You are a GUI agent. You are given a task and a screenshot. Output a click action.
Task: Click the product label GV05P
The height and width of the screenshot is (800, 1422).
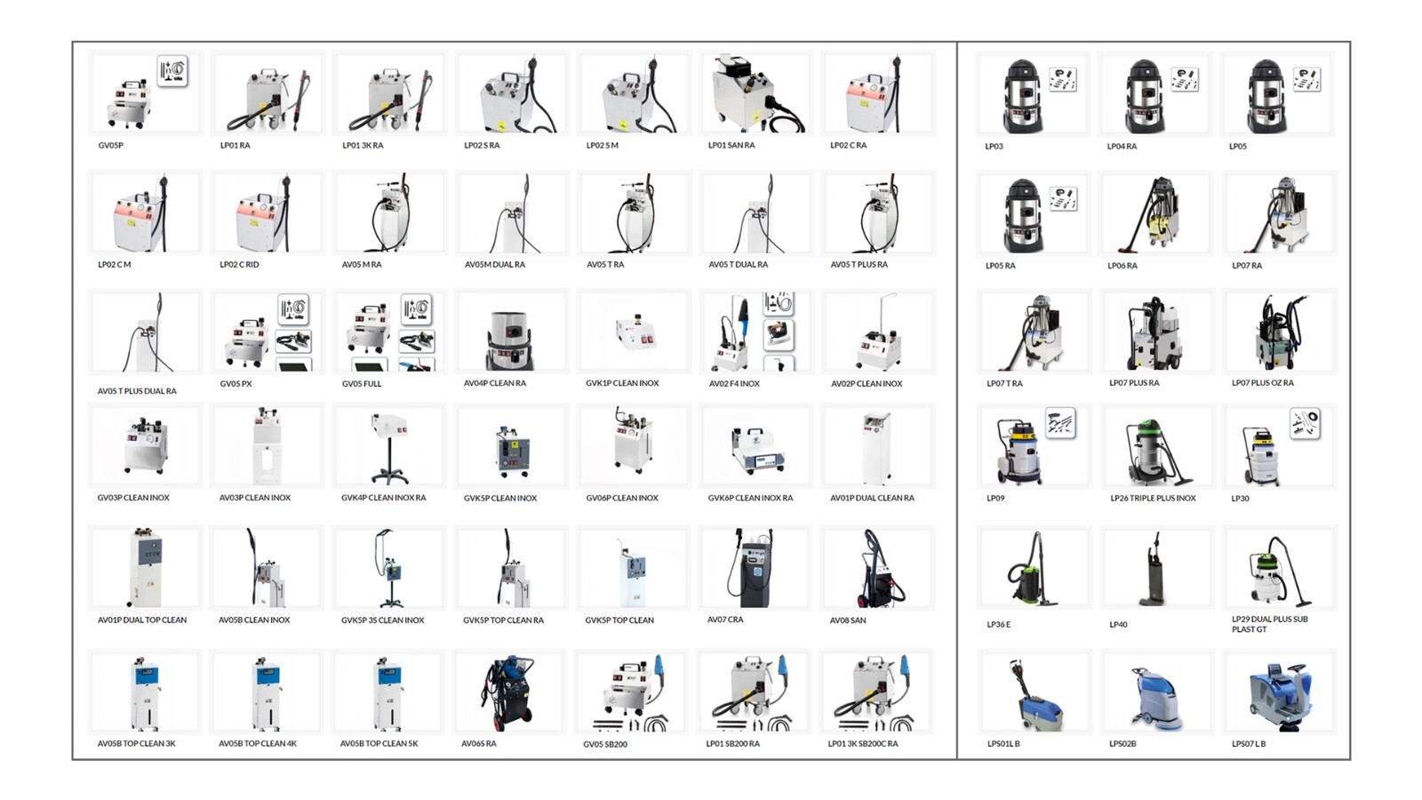(110, 146)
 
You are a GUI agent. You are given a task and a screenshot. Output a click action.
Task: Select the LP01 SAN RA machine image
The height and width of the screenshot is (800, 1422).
(755, 94)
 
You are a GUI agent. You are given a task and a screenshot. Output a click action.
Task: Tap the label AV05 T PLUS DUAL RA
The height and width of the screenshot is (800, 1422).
(137, 391)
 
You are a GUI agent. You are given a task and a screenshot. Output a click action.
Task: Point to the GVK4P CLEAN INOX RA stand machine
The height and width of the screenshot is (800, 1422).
(389, 447)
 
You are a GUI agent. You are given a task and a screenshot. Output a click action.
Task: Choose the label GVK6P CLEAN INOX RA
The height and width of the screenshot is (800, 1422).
(750, 498)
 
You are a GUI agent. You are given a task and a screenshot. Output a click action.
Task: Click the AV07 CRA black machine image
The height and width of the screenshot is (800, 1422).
(753, 568)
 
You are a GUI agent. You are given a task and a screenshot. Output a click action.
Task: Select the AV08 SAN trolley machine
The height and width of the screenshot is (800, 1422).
(876, 569)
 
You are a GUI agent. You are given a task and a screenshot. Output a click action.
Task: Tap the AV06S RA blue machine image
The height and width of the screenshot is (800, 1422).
(507, 692)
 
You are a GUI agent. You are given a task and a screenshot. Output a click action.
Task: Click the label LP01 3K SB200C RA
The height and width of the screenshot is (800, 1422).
(863, 743)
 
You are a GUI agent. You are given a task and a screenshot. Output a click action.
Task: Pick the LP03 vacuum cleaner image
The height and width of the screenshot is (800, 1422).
(1023, 96)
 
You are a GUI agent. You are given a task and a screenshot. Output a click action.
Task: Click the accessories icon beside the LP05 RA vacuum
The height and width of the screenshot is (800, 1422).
(1063, 199)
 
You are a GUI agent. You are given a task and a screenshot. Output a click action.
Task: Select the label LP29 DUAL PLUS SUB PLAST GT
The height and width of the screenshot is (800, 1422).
(1270, 624)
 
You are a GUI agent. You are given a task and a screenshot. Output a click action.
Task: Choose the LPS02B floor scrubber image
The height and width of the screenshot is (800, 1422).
(1155, 697)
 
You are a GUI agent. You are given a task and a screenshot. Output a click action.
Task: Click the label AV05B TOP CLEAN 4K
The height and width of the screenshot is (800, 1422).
(258, 743)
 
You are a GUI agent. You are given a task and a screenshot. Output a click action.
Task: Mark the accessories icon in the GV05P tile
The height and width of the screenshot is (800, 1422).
(172, 71)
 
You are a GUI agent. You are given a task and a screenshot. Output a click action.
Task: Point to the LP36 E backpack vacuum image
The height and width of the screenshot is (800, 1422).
(1030, 569)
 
